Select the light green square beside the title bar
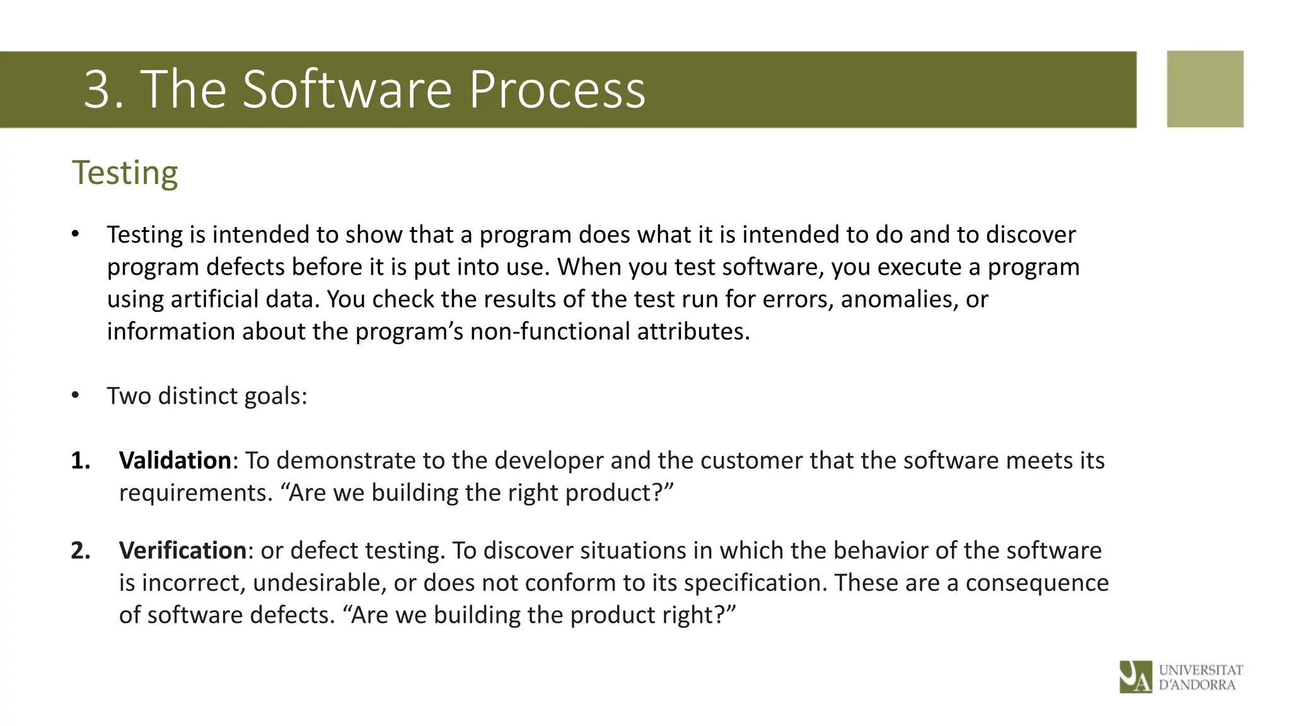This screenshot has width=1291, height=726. tap(1205, 89)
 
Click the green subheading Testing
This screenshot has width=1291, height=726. tap(125, 173)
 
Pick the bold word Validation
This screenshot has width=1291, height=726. tap(175, 461)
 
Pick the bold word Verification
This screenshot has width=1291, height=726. tap(182, 551)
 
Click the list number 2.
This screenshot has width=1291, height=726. tap(80, 551)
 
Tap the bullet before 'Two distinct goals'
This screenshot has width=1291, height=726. tap(76, 396)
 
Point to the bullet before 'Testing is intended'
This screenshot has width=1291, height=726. tap(76, 234)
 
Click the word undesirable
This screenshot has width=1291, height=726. tap(319, 583)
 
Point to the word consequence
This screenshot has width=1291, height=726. tap(1036, 583)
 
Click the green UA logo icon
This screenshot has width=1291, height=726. tap(1135, 677)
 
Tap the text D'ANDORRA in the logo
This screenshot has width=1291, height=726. tap(1196, 685)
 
